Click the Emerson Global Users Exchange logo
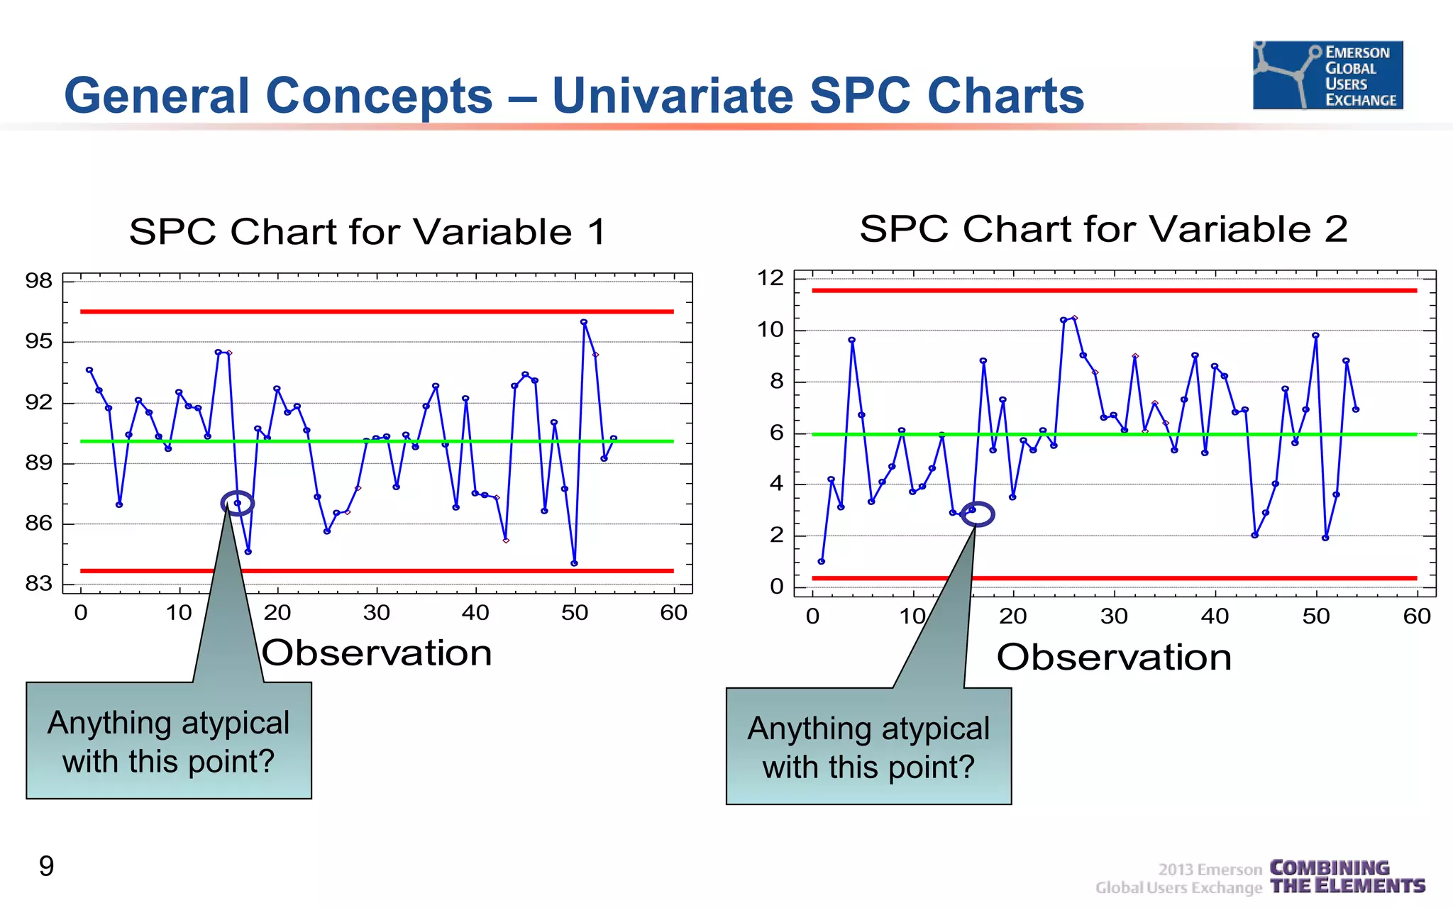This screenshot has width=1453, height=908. (x=1327, y=74)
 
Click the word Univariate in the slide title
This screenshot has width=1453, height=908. (x=673, y=96)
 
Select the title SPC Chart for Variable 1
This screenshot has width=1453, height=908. (x=368, y=232)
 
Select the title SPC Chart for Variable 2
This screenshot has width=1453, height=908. (x=1103, y=229)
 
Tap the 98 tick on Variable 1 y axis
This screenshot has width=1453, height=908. (x=38, y=281)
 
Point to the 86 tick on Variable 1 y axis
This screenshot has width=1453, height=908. (x=38, y=524)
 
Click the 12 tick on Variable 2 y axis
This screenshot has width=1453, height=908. (x=770, y=278)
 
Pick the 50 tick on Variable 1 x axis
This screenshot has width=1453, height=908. (x=574, y=612)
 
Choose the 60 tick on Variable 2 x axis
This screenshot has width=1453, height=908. (x=1416, y=616)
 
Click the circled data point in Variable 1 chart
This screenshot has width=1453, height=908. (x=238, y=503)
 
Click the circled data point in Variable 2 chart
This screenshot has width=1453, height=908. (x=973, y=510)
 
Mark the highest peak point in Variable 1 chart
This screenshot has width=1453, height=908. (x=584, y=322)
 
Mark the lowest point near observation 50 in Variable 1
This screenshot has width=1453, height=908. (x=574, y=563)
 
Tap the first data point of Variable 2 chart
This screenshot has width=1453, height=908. (x=822, y=561)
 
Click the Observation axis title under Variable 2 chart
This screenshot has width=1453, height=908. (x=1114, y=657)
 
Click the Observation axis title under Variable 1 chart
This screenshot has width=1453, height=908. (x=377, y=653)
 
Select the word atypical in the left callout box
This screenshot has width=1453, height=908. (x=227, y=724)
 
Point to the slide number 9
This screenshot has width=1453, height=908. (x=46, y=866)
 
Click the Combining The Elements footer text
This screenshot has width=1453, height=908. (x=1347, y=877)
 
